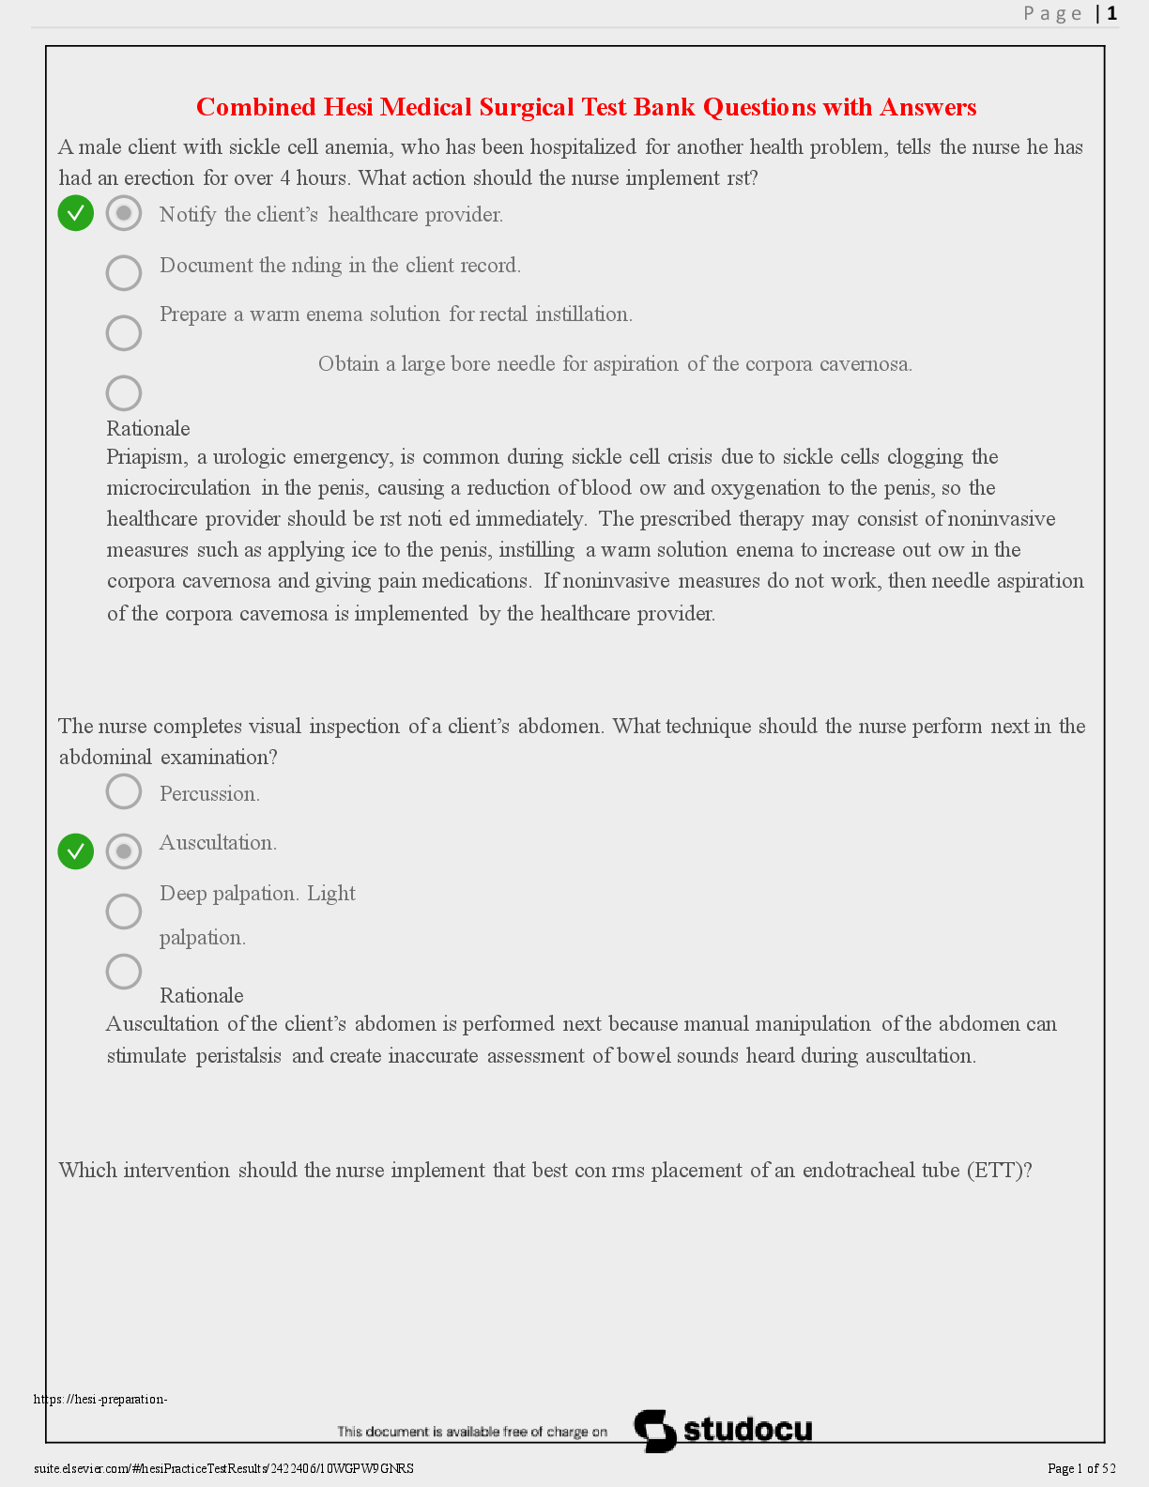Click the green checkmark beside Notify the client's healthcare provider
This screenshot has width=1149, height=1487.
[76, 213]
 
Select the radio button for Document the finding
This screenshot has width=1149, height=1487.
[124, 273]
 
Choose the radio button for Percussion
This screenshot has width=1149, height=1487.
[124, 791]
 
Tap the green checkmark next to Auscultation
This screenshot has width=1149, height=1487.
[76, 851]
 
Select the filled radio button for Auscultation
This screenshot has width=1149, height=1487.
[124, 851]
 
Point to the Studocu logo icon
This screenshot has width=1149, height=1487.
[655, 1431]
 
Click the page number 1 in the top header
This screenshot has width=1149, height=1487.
[1112, 13]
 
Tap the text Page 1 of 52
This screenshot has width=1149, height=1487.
[1081, 1468]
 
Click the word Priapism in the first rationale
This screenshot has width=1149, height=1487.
[146, 457]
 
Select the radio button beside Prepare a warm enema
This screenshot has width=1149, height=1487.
[124, 332]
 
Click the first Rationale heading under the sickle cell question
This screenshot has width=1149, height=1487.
[148, 429]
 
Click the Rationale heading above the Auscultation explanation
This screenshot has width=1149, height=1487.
[202, 996]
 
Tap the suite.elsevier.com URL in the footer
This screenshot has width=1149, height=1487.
[223, 1468]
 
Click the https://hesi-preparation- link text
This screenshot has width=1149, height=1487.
[100, 1400]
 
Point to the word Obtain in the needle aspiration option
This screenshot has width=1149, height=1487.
[348, 364]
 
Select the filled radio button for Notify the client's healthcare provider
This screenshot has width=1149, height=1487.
[124, 213]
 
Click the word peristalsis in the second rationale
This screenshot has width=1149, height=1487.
[238, 1056]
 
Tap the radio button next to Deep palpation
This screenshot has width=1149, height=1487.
[124, 912]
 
